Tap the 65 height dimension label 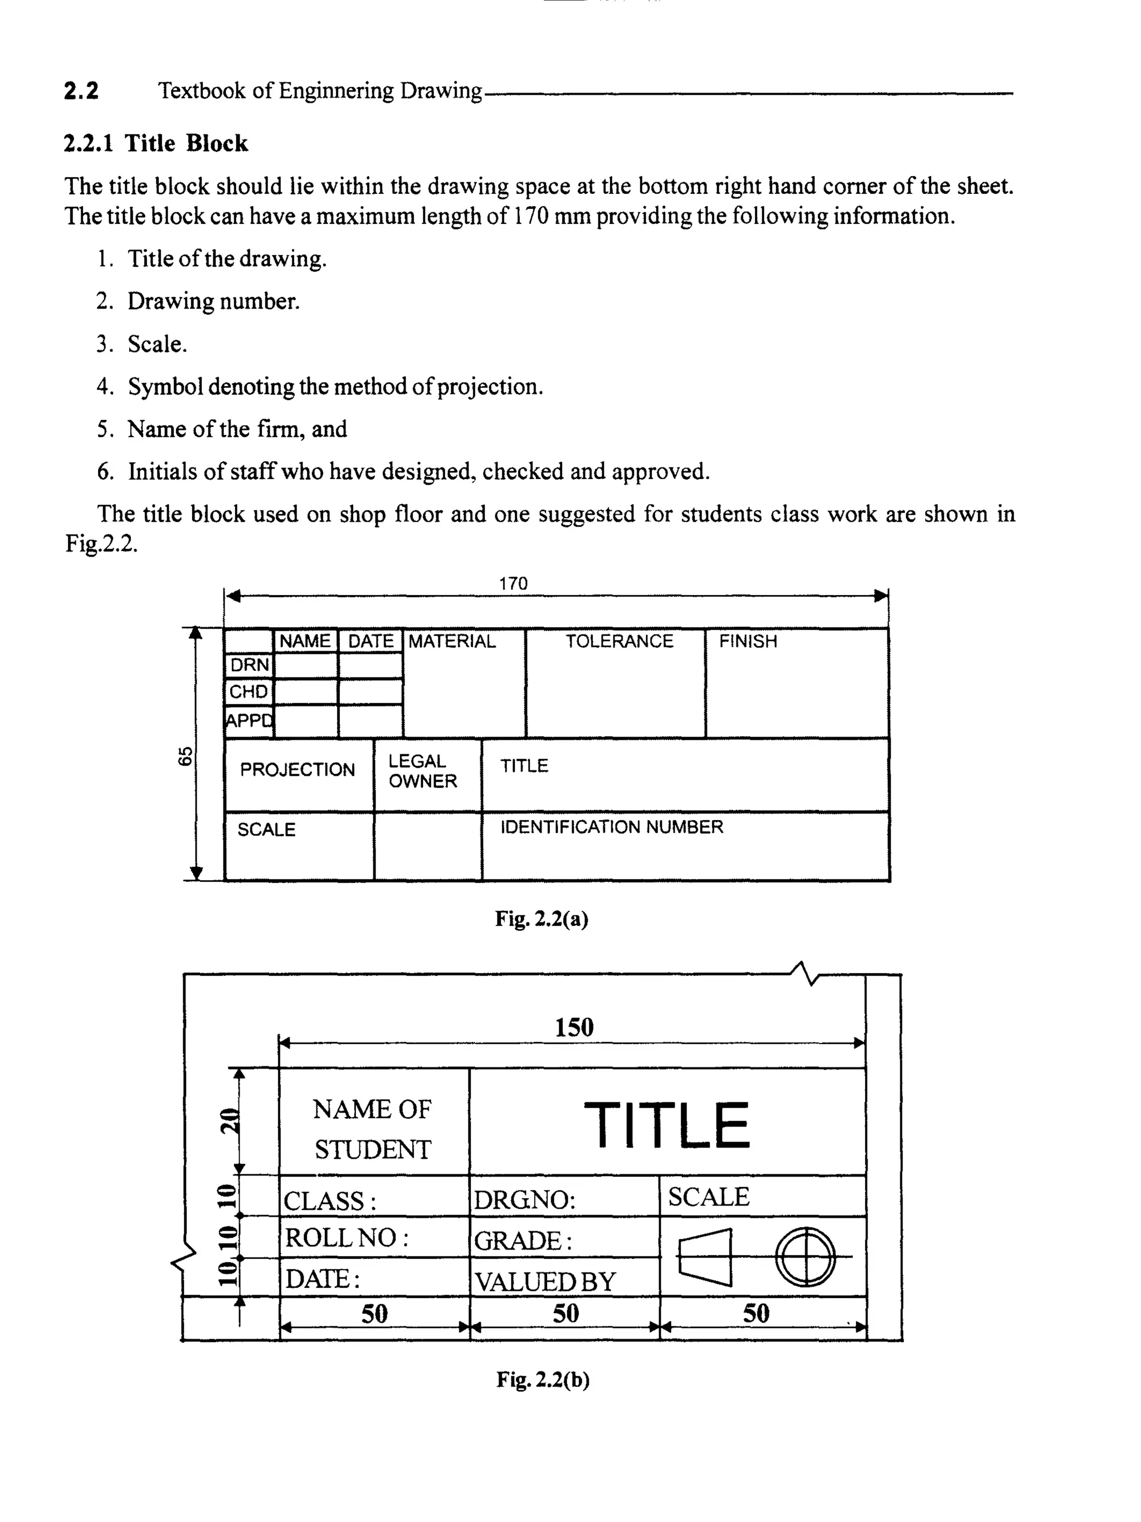pyautogui.click(x=185, y=755)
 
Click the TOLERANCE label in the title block pyautogui.click(x=618, y=641)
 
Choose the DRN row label pyautogui.click(x=249, y=665)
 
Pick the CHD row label pyautogui.click(x=248, y=691)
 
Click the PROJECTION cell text pyautogui.click(x=298, y=769)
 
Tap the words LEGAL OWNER pyautogui.click(x=422, y=772)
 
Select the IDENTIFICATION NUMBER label pyautogui.click(x=612, y=827)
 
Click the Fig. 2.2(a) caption pyautogui.click(x=542, y=919)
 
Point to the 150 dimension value pyautogui.click(x=574, y=1027)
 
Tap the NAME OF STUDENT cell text pyautogui.click(x=372, y=1129)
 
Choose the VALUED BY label pyautogui.click(x=544, y=1281)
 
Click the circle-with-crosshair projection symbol pyautogui.click(x=805, y=1256)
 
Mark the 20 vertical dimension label pyautogui.click(x=228, y=1121)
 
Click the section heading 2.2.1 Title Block pyautogui.click(x=155, y=143)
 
